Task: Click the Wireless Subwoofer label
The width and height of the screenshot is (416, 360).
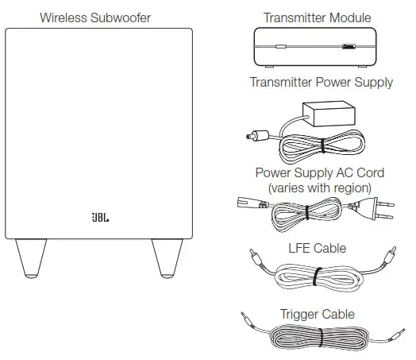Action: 95,17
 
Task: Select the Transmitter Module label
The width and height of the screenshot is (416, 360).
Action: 317,17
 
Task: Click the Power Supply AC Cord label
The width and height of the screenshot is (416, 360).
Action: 319,172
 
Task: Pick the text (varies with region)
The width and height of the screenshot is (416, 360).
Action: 319,187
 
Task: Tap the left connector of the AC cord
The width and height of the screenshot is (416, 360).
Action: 246,203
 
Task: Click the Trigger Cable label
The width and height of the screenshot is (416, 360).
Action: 317,314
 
